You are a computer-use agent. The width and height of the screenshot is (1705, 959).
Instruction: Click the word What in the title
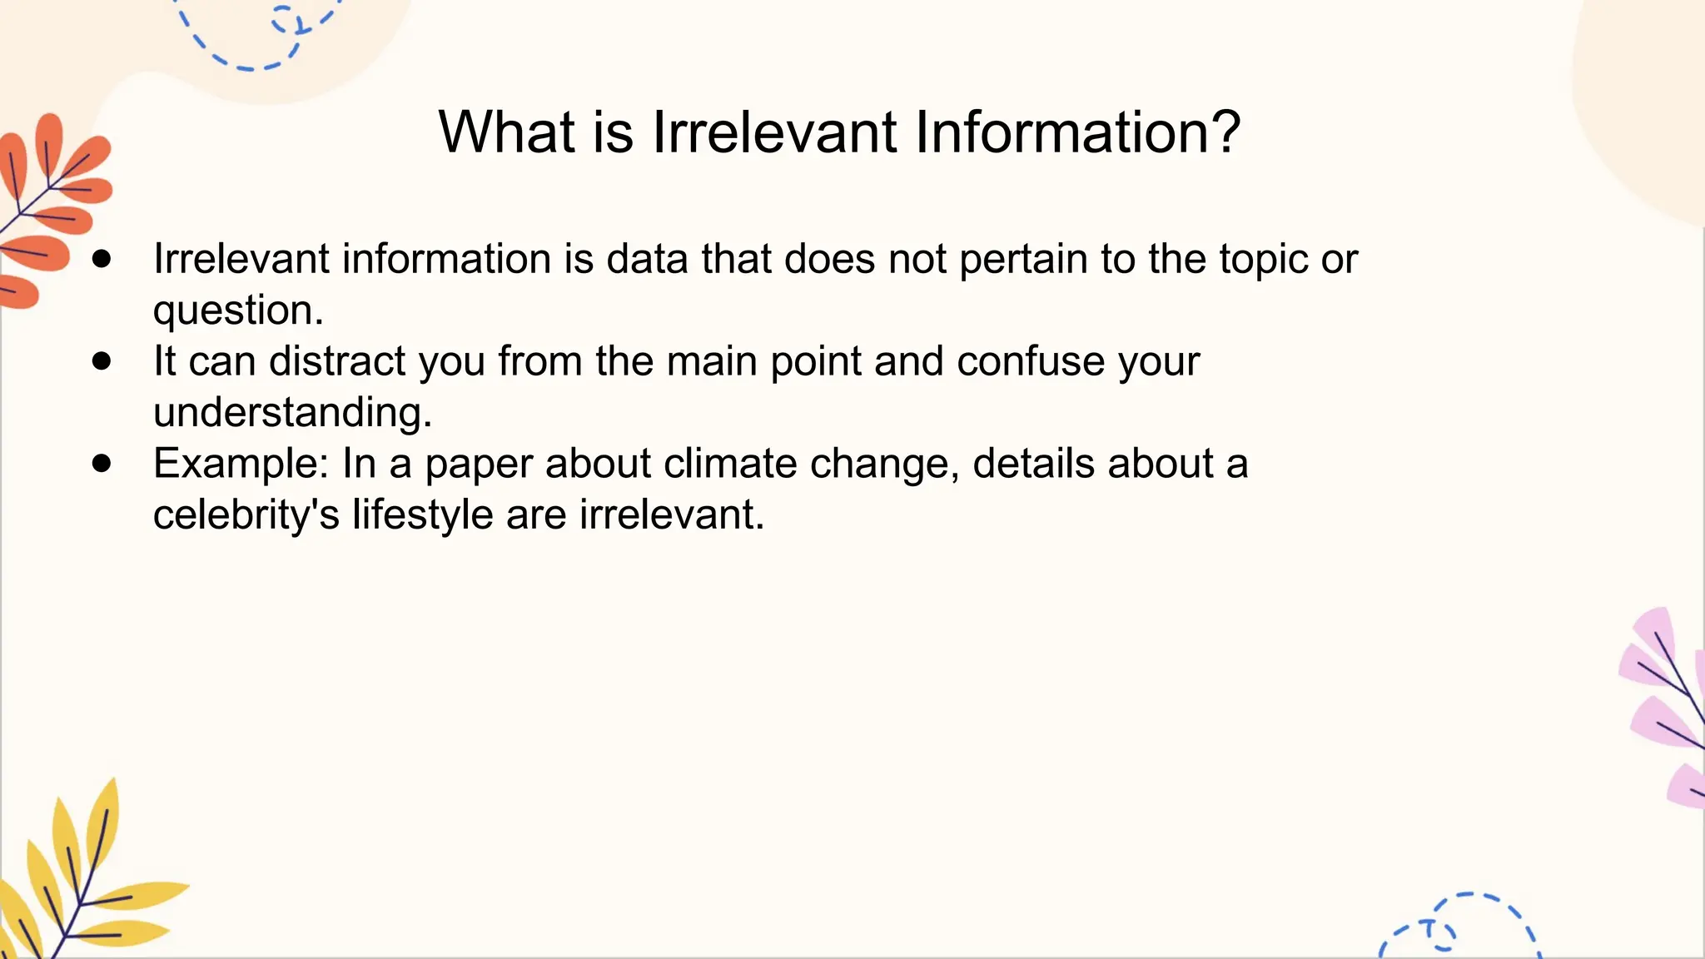pyautogui.click(x=506, y=132)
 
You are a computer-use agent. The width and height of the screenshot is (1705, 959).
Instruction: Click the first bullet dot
pyautogui.click(x=102, y=259)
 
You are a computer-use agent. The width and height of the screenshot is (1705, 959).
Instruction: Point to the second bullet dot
pyautogui.click(x=102, y=361)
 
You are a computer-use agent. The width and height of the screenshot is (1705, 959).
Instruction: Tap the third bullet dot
pyautogui.click(x=102, y=464)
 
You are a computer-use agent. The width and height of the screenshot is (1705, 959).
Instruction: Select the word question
pyautogui.click(x=238, y=311)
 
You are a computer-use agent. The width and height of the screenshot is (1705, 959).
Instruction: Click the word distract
pyautogui.click(x=337, y=362)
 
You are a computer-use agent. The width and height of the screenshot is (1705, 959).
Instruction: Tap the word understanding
pyautogui.click(x=292, y=413)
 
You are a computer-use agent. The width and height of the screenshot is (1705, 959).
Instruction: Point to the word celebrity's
pyautogui.click(x=246, y=515)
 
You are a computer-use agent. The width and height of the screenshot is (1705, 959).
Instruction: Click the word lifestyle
pyautogui.click(x=422, y=515)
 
